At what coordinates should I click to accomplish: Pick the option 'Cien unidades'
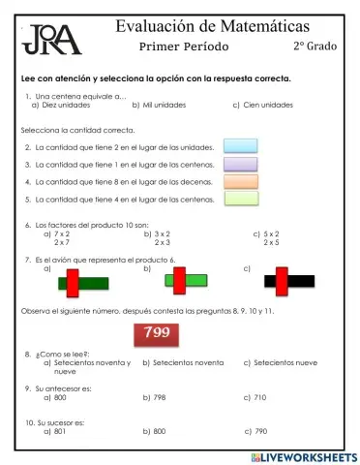click(267, 105)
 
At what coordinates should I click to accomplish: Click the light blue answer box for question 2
click(240, 146)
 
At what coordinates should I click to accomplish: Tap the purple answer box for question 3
click(240, 164)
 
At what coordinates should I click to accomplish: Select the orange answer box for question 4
click(240, 181)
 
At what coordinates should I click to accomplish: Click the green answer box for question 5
click(240, 199)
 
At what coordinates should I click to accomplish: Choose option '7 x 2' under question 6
click(61, 233)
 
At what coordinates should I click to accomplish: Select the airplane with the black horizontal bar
click(288, 282)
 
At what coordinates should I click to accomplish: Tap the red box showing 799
click(156, 333)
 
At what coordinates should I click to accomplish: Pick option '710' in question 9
click(260, 397)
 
